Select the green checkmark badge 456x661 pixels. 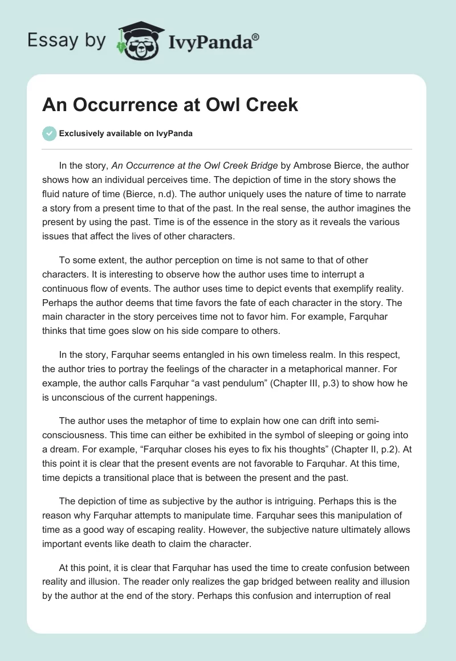tap(49, 133)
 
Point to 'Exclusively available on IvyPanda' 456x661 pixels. tap(125, 133)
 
